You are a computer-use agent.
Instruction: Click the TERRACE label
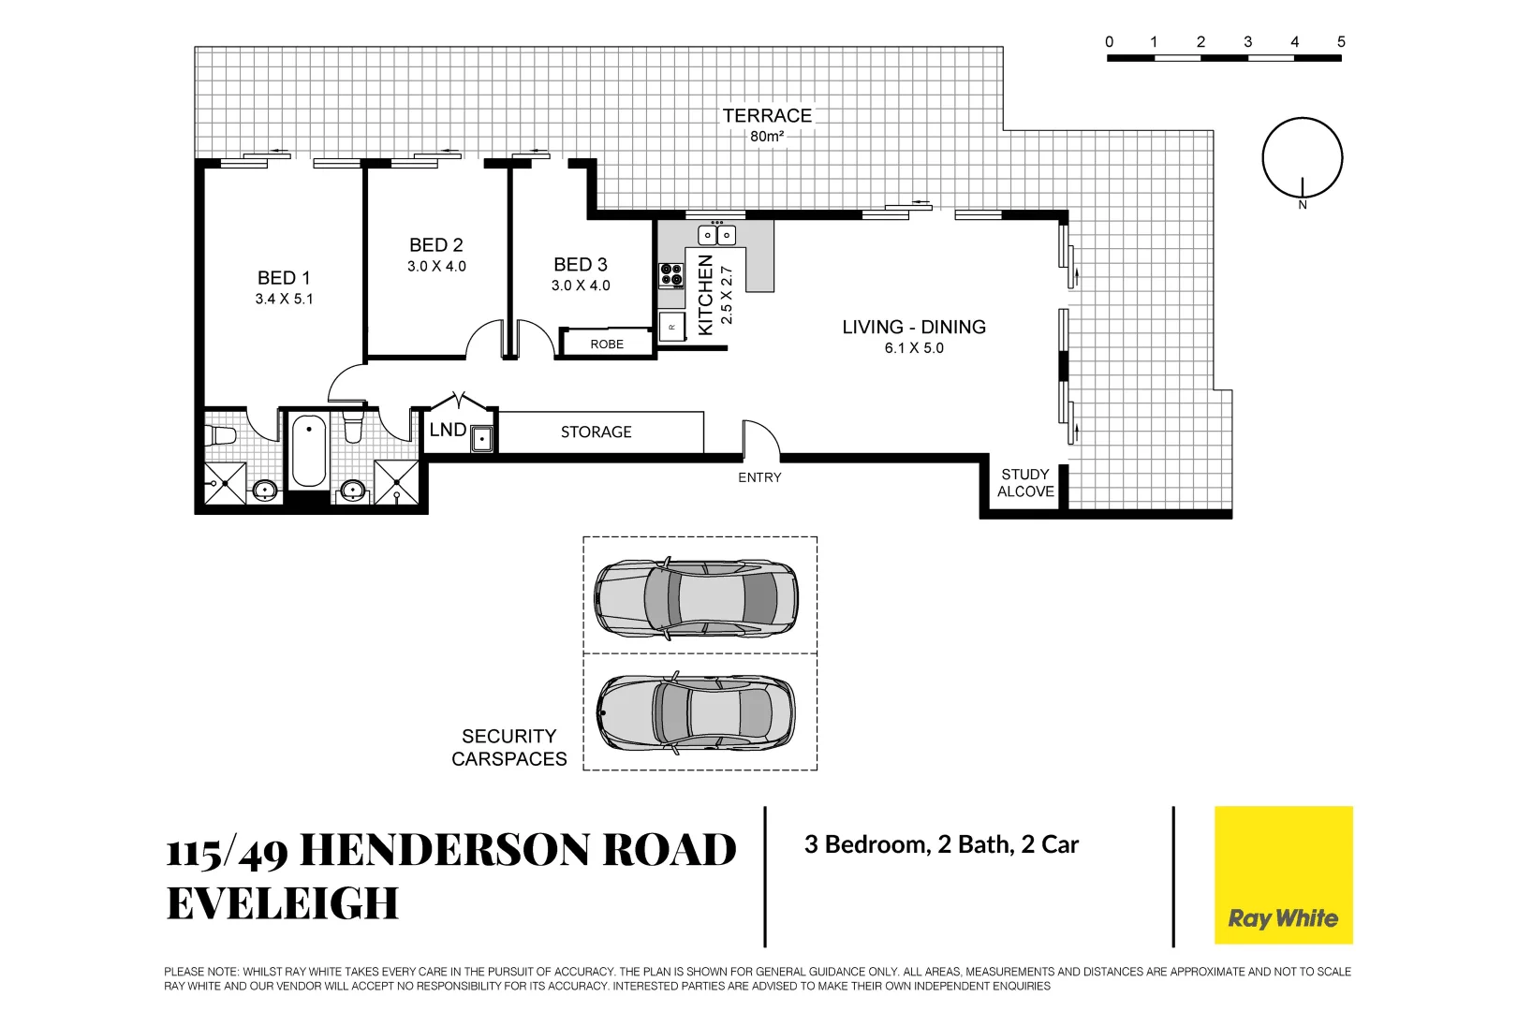click(x=767, y=116)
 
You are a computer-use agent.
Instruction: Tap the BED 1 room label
click(x=284, y=278)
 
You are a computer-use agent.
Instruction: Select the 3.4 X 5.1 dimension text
click(x=285, y=300)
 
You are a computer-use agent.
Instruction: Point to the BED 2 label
click(x=436, y=245)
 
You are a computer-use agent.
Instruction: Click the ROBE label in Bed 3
click(x=607, y=344)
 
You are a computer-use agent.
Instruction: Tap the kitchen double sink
click(x=716, y=235)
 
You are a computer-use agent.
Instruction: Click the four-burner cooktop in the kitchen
click(x=671, y=275)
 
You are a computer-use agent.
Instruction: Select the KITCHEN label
click(x=706, y=295)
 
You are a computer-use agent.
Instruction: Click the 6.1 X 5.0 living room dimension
click(x=914, y=349)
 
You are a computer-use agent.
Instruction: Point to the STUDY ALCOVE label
click(x=1025, y=483)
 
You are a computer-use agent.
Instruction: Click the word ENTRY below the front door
click(x=759, y=478)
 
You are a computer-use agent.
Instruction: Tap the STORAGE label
click(x=596, y=432)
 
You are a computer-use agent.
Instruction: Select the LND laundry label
click(x=448, y=430)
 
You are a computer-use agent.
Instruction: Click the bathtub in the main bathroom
click(x=309, y=451)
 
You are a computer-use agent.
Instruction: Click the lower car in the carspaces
click(x=696, y=713)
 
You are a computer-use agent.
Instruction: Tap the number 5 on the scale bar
click(x=1341, y=42)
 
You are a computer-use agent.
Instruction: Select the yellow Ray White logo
click(x=1283, y=875)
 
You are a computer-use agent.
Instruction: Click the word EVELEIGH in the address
click(x=283, y=904)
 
